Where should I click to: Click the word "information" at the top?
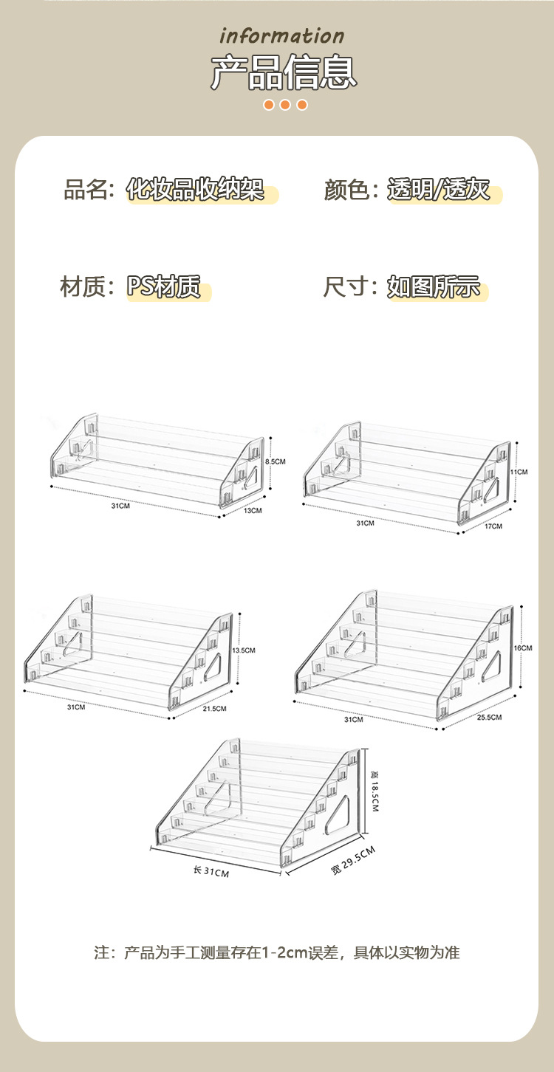pyautogui.click(x=282, y=36)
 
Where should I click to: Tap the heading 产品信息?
pyautogui.click(x=284, y=72)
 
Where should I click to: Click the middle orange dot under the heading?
pyautogui.click(x=285, y=105)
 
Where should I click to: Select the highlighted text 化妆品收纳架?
pyautogui.click(x=195, y=190)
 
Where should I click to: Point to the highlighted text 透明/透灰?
pyautogui.click(x=439, y=190)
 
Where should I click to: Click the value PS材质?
pyautogui.click(x=164, y=286)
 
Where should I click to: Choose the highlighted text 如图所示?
pyautogui.click(x=434, y=286)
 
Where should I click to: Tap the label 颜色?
pyautogui.click(x=352, y=190)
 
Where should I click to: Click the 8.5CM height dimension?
pyautogui.click(x=275, y=461)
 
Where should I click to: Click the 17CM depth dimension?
pyautogui.click(x=493, y=526)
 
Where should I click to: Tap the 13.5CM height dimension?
pyautogui.click(x=244, y=650)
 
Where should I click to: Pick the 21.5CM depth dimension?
pyautogui.click(x=215, y=709)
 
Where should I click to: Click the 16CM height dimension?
pyautogui.click(x=522, y=647)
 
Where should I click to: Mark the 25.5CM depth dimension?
pyautogui.click(x=489, y=718)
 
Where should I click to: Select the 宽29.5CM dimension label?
pyautogui.click(x=353, y=861)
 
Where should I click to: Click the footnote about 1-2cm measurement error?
pyautogui.click(x=277, y=952)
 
